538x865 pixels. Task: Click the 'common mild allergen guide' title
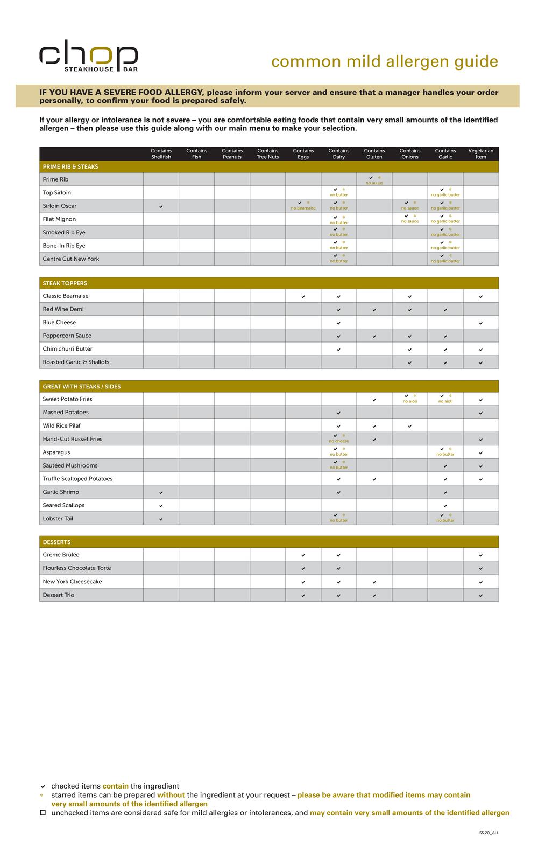pos(385,61)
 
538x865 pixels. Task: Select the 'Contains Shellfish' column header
pos(161,154)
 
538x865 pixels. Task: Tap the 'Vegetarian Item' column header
pos(480,154)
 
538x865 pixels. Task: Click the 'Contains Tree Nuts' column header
pos(267,154)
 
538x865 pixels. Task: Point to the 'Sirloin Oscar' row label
pos(60,206)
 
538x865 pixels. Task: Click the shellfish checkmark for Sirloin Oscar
pos(161,206)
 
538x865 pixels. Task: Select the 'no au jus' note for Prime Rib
pos(374,183)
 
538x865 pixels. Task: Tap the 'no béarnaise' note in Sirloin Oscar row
pos(303,208)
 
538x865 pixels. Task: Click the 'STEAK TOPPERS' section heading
pos(65,283)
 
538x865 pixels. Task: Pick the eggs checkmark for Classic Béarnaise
pos(303,297)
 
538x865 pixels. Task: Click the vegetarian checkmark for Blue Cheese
pos(480,323)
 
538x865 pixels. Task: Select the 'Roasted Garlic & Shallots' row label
pos(76,362)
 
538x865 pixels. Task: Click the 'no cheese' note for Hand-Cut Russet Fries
pos(338,441)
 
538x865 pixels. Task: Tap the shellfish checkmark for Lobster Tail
pos(161,519)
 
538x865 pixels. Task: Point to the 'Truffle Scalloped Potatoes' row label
pos(77,479)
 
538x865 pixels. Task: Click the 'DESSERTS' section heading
pos(56,542)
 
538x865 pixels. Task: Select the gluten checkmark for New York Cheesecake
pos(374,582)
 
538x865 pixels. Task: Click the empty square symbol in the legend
pos(43,813)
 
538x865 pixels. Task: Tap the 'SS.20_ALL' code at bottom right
pos(489,833)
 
